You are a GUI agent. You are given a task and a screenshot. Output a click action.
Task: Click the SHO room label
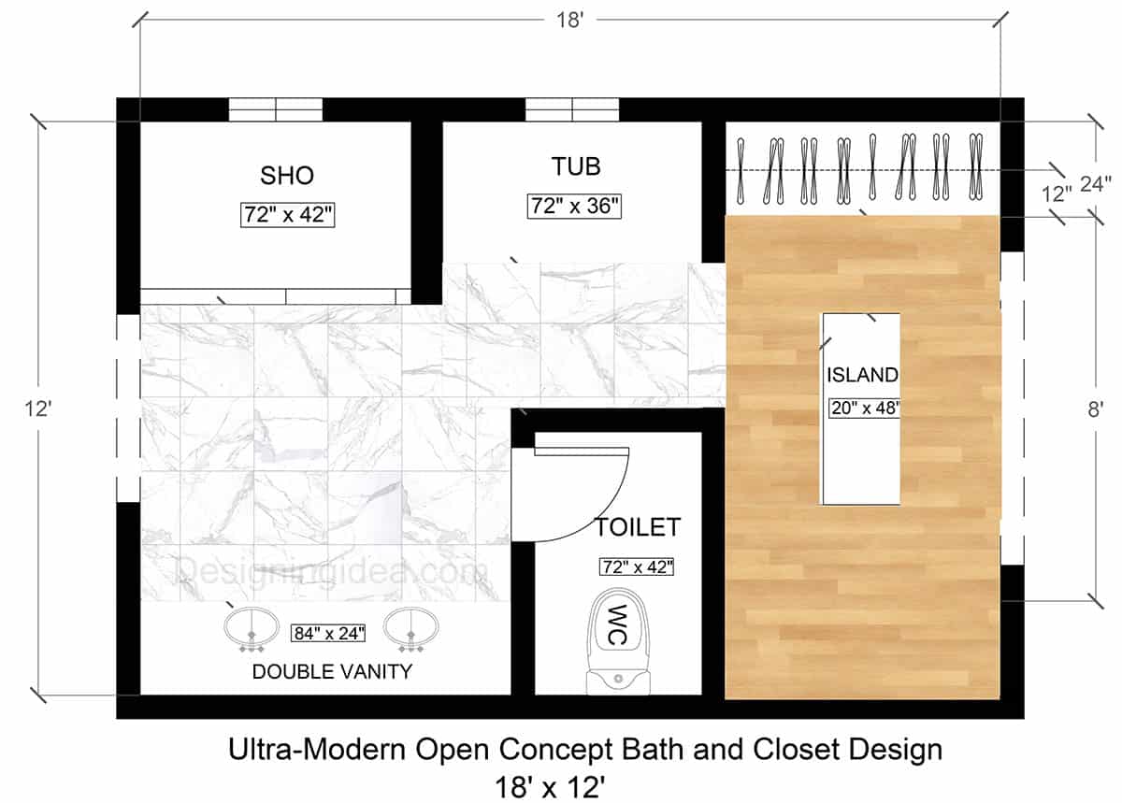287,176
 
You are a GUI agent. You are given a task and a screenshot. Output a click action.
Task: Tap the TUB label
576,166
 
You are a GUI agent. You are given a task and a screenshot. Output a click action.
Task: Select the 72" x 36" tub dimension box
574,207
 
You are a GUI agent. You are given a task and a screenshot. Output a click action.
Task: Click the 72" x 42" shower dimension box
288,215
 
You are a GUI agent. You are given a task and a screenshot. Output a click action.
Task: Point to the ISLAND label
862,375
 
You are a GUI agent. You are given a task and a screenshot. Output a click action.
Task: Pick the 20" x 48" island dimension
866,408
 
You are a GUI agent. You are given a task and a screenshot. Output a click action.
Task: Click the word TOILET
637,527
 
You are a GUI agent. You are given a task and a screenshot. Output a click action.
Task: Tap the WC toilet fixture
619,641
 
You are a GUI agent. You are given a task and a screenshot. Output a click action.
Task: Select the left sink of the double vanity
252,629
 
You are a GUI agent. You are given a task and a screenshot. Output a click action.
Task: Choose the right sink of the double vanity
411,629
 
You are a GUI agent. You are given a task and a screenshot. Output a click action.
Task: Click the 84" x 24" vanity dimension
328,634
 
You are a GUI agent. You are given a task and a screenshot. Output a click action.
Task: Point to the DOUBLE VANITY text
332,672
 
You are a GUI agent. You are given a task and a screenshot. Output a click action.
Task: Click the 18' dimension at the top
570,21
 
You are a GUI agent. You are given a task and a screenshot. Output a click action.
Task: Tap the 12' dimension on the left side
38,409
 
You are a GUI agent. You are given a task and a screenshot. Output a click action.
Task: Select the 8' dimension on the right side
1095,409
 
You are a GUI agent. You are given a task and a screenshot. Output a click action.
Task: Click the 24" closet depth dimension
1096,184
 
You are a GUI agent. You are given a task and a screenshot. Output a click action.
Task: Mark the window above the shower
276,109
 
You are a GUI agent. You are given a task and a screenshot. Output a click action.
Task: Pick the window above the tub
572,109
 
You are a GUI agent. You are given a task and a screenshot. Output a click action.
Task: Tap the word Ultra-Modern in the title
317,750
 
